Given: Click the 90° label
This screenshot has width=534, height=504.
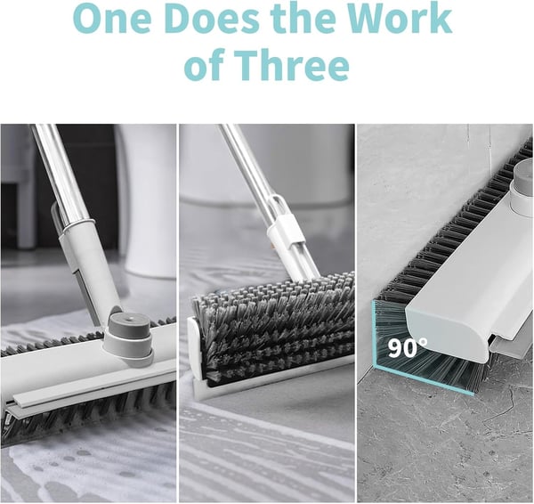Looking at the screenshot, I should pos(407,346).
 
